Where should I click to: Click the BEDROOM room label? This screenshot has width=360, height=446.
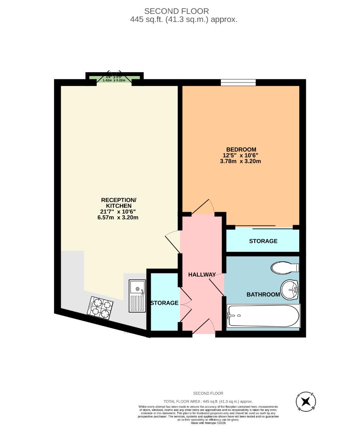point(241,149)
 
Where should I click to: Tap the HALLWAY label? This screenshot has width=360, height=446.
point(202,275)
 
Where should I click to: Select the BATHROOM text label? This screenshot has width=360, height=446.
point(263,294)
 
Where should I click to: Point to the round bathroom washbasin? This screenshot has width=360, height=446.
point(289,289)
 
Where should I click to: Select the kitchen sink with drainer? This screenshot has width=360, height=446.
point(137,295)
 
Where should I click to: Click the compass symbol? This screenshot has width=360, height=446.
point(306,401)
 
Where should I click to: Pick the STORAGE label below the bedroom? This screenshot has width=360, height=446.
point(263,241)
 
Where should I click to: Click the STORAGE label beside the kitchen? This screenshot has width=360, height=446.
point(164,303)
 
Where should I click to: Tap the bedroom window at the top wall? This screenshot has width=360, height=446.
point(238,83)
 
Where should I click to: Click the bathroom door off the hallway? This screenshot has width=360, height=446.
point(217,285)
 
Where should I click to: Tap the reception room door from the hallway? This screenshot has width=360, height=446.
point(172,239)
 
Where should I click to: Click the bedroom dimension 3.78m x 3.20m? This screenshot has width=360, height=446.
point(241,161)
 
